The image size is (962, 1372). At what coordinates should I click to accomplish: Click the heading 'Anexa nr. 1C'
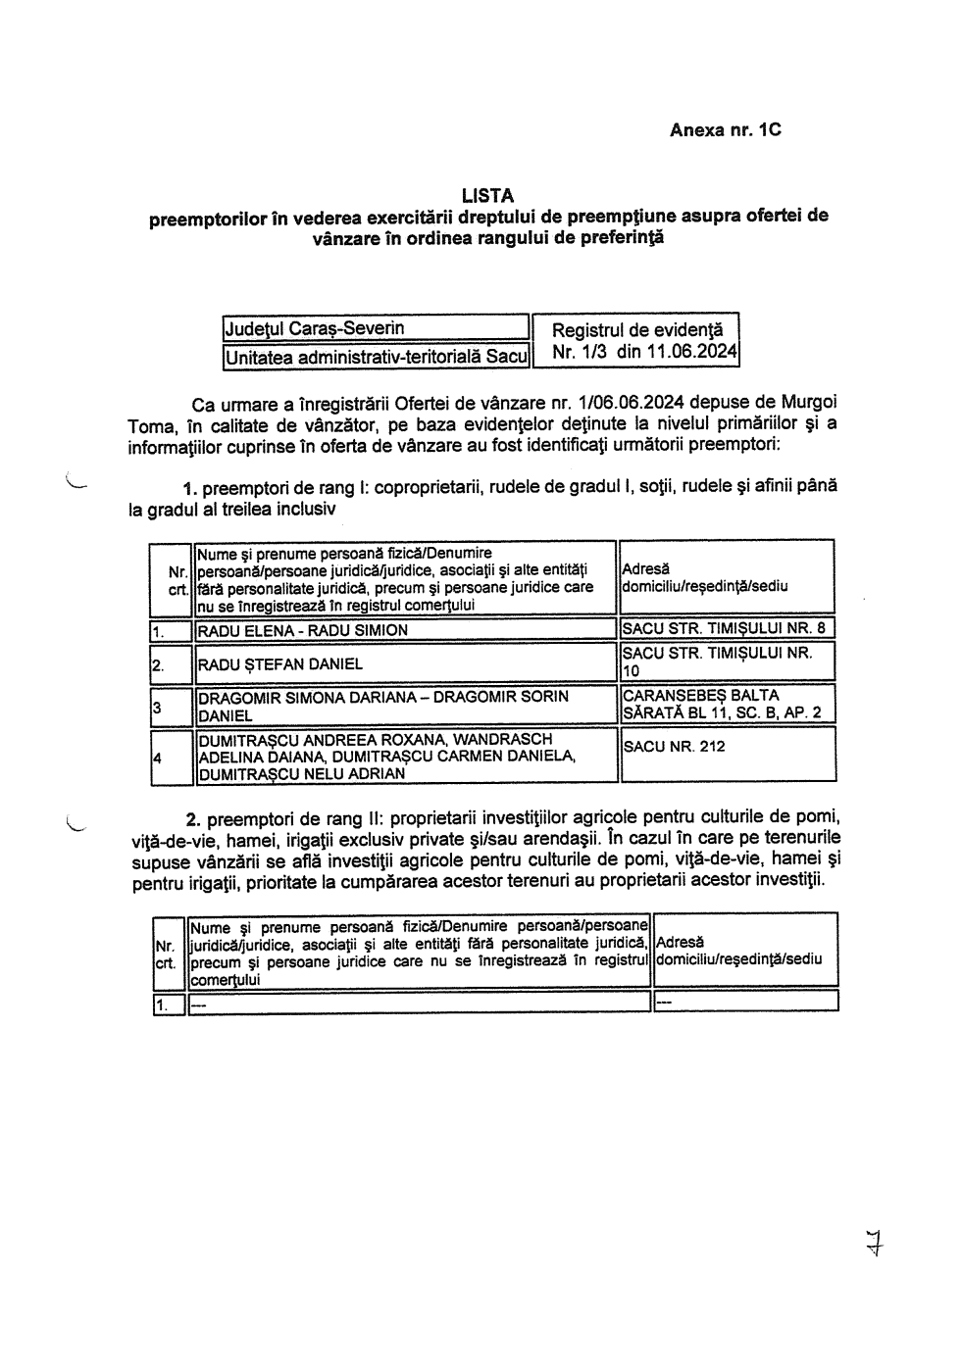point(725,129)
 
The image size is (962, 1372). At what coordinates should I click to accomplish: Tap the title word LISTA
point(487,196)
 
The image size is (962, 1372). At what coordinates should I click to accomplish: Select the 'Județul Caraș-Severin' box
point(375,328)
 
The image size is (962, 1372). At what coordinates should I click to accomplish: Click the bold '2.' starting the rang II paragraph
point(193,817)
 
